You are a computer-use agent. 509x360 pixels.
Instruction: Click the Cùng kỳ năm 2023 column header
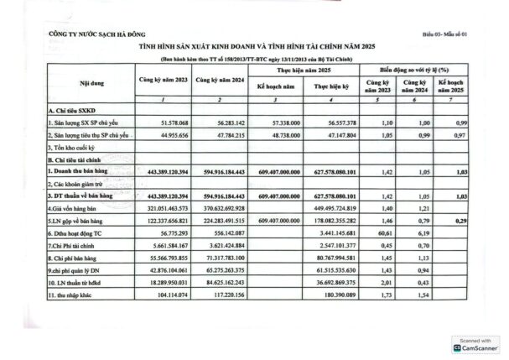[x=162, y=80]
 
